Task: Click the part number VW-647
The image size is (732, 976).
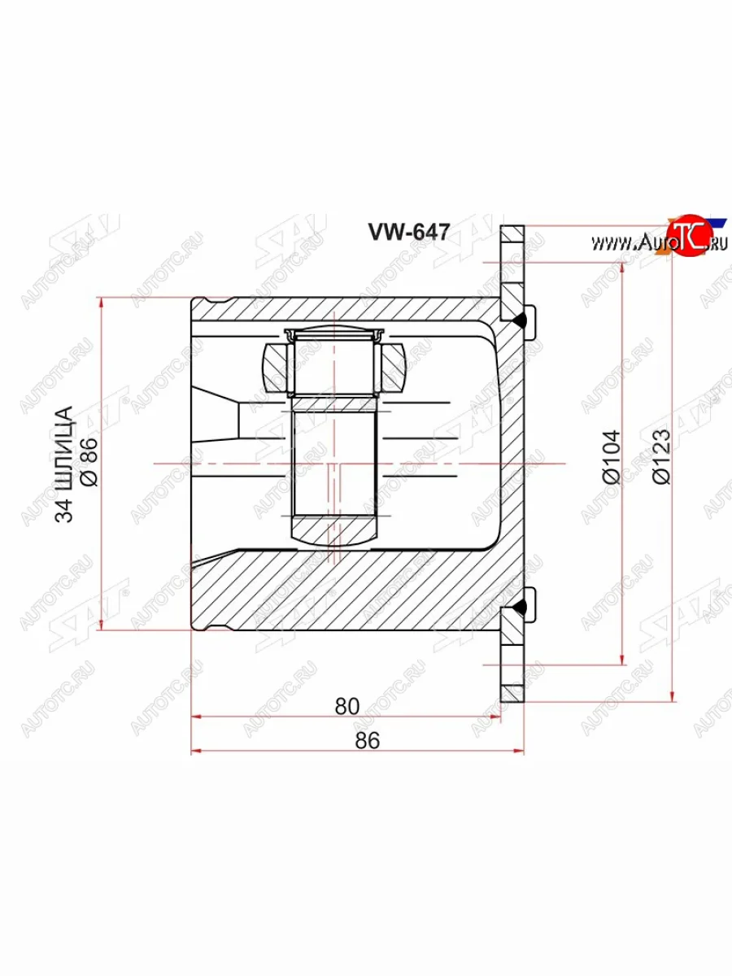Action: click(409, 233)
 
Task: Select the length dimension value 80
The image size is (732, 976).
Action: click(346, 706)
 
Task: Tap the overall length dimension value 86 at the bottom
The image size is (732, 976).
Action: click(368, 740)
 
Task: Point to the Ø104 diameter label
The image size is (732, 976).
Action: click(612, 456)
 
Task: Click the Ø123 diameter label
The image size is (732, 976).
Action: click(660, 457)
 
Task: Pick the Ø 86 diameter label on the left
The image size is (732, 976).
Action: click(89, 462)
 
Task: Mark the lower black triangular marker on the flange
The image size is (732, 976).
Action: click(521, 606)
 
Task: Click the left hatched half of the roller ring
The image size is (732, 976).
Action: click(276, 368)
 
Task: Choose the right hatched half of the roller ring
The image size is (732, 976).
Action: click(391, 368)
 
